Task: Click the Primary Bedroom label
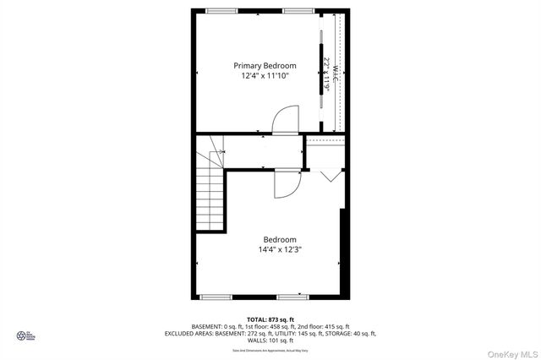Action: tap(265, 65)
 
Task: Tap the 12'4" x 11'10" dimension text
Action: tap(265, 76)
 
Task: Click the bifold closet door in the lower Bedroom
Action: tap(331, 175)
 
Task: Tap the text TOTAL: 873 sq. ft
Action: tap(268, 319)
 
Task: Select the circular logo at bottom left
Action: tap(22, 336)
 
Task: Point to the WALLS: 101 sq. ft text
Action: tap(268, 341)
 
